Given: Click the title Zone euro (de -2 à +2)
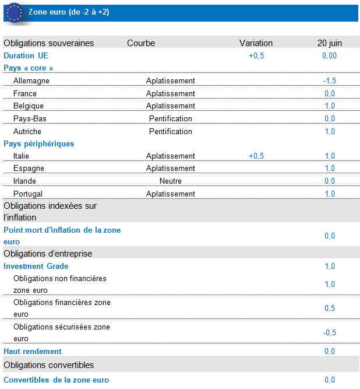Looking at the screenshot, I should pos(68,12).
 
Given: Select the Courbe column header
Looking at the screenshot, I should pos(141,43).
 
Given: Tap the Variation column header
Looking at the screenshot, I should pos(256,43).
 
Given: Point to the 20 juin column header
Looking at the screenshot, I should pos(330,43).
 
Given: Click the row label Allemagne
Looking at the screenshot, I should pos(31,81).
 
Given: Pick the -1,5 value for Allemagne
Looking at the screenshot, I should pos(330,81).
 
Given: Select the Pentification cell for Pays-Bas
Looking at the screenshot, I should pos(170,119).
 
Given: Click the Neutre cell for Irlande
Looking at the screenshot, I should pos(170,181).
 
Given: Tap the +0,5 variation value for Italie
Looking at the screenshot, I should pos(256,156).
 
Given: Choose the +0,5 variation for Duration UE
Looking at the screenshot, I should pos(256,56).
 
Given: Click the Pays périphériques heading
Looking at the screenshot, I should pos(38,143).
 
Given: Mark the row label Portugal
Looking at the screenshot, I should pos(28,194).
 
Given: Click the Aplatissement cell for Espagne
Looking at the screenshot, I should pos(170,169).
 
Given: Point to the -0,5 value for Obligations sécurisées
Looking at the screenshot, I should pos(330,333).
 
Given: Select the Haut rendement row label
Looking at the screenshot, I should pos(33,352).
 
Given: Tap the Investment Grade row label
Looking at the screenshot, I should pos(36,267).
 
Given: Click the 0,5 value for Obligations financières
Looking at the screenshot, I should pos(330,309).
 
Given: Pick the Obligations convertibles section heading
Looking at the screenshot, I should pos(49,365).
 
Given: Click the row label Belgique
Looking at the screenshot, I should pos(29,106).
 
